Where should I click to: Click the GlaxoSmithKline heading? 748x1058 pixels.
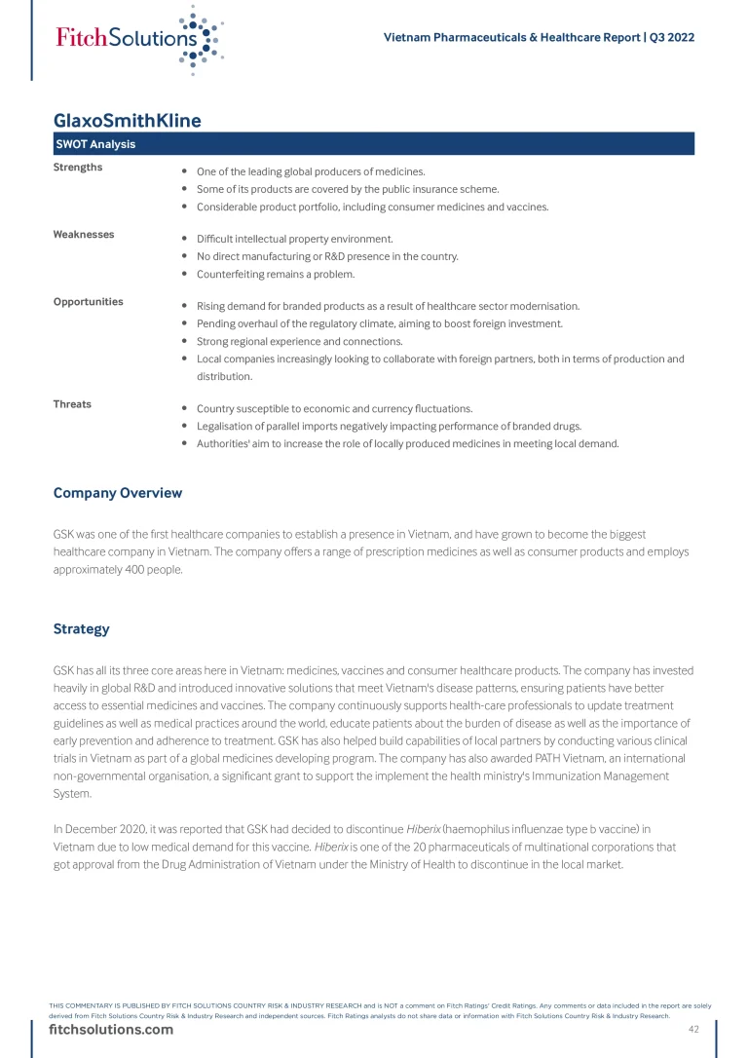pyautogui.click(x=128, y=121)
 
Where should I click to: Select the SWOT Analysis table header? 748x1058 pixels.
pyautogui.click(x=95, y=145)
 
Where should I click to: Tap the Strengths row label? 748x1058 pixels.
pyautogui.click(x=78, y=168)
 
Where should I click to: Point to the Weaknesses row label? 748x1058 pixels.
pyautogui.click(x=84, y=235)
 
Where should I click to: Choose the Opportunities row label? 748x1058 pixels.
pyautogui.click(x=89, y=302)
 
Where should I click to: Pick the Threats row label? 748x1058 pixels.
pyautogui.click(x=72, y=404)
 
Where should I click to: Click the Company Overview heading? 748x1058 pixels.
pyautogui.click(x=118, y=493)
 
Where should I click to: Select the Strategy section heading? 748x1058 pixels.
pyautogui.click(x=82, y=629)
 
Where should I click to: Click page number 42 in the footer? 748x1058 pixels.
pyautogui.click(x=694, y=1030)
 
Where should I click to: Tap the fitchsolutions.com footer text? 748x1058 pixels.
pyautogui.click(x=111, y=1030)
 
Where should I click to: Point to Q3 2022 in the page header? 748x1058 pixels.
pyautogui.click(x=672, y=38)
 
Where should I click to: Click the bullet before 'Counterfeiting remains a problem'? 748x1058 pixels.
pyautogui.click(x=185, y=275)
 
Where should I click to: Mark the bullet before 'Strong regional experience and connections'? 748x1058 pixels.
pyautogui.click(x=185, y=342)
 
